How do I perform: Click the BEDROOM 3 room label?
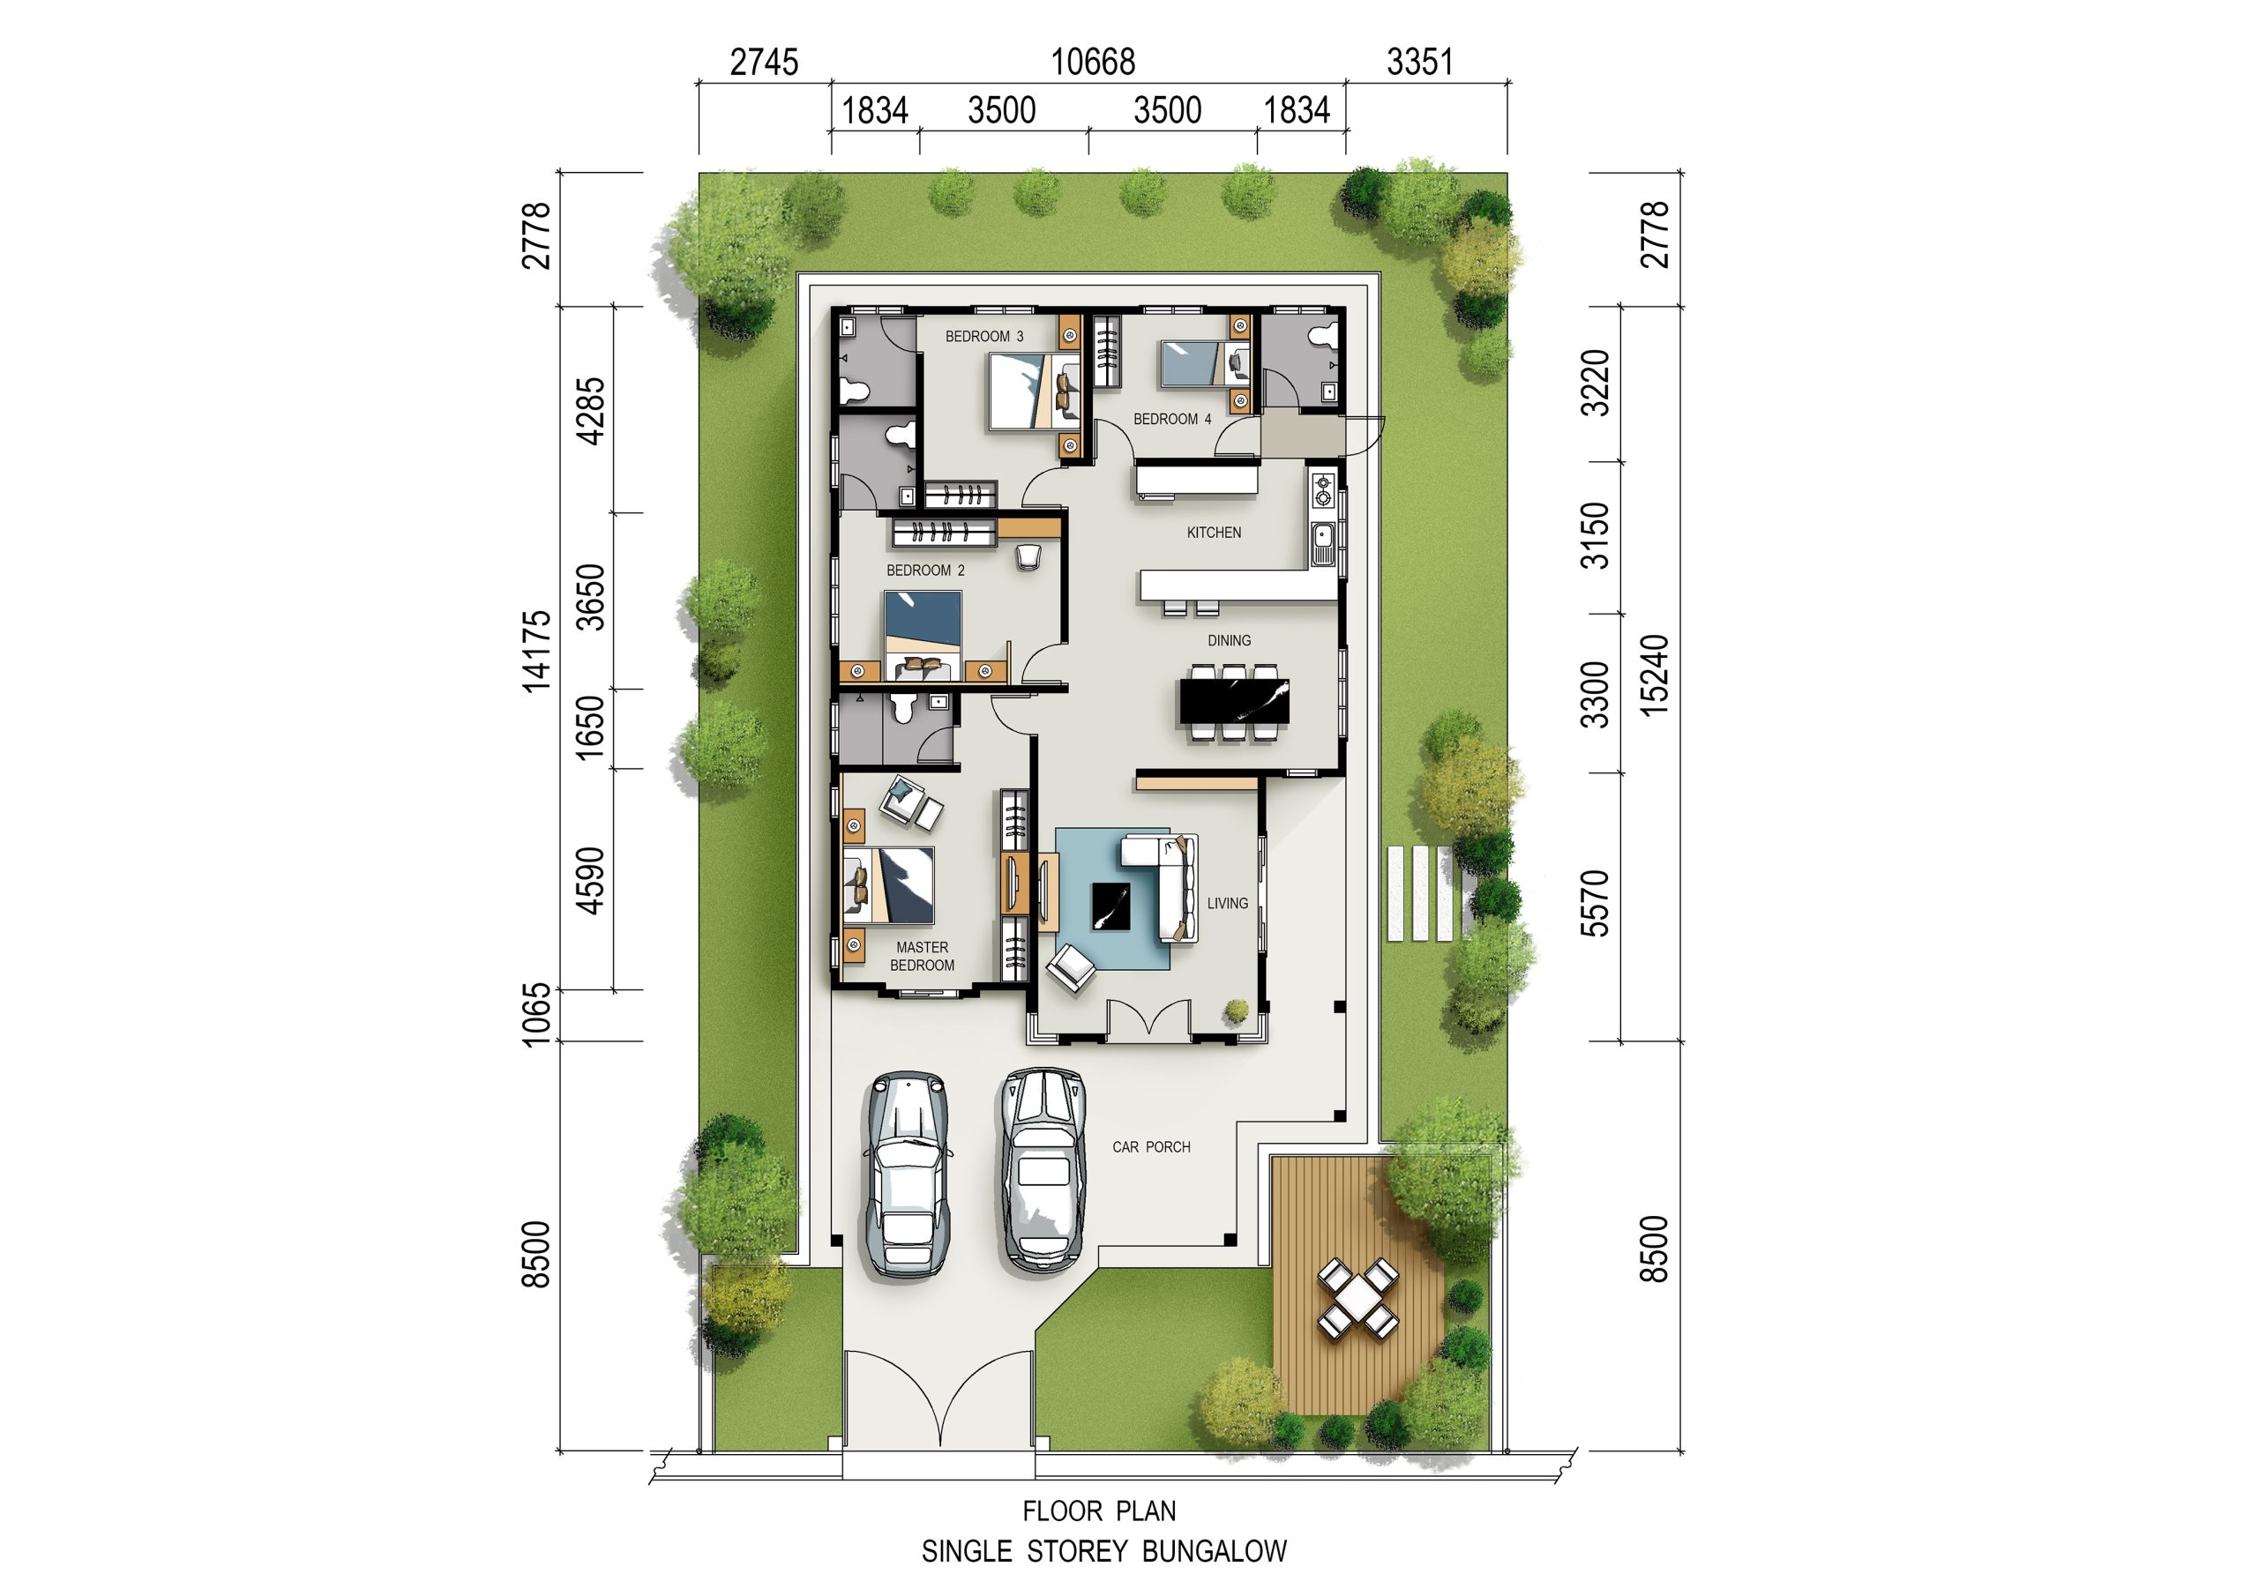(983, 336)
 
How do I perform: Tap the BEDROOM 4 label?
(1172, 419)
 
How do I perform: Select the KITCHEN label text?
(1214, 533)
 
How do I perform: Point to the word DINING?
(1230, 640)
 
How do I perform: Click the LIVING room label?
(1227, 903)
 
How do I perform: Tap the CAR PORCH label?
(1152, 1146)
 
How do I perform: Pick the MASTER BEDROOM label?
(923, 956)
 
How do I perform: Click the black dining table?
(1234, 702)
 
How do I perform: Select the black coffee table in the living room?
(1111, 906)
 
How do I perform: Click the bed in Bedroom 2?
(923, 635)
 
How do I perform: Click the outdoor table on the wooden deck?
(1358, 1298)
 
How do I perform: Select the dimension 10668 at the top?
(1093, 62)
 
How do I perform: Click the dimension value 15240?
(1656, 675)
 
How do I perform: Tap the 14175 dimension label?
(537, 651)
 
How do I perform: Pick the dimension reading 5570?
(1594, 903)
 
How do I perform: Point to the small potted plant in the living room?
(1237, 1010)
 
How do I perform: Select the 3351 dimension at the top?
(1419, 62)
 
